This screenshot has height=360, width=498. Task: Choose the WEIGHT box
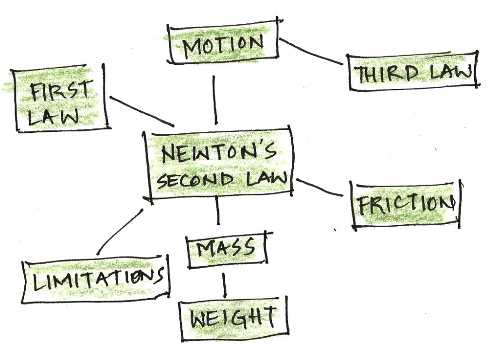pyautogui.click(x=232, y=319)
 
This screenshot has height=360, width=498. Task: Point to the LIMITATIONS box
pyautogui.click(x=96, y=281)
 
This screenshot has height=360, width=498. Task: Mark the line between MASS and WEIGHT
pyautogui.click(x=224, y=285)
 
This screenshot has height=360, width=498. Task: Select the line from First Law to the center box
pyautogui.click(x=142, y=111)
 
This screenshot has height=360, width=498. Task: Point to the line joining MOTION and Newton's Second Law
pyautogui.click(x=215, y=100)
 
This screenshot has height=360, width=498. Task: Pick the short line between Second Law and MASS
pyautogui.click(x=217, y=210)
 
